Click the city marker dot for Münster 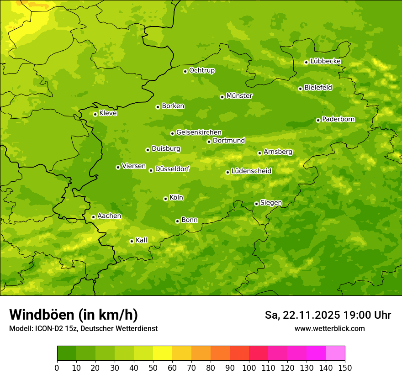pyautogui.click(x=222, y=97)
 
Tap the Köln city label pyautogui.click(x=176, y=198)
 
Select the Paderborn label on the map pyautogui.click(x=338, y=119)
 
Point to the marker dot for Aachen pyautogui.click(x=94, y=217)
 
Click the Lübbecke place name pyautogui.click(x=325, y=61)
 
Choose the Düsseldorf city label pyautogui.click(x=172, y=169)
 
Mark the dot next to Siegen pyautogui.click(x=256, y=204)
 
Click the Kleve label pyautogui.click(x=108, y=113)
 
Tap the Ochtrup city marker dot pyautogui.click(x=185, y=71)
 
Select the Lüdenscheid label pyautogui.click(x=251, y=171)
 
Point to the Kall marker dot pyautogui.click(x=132, y=241)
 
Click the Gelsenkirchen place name pyautogui.click(x=199, y=132)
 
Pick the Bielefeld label pyautogui.click(x=318, y=88)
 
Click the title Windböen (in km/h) pyautogui.click(x=74, y=315)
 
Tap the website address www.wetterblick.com pyautogui.click(x=329, y=328)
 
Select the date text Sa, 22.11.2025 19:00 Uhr pyautogui.click(x=328, y=315)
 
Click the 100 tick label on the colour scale pyautogui.click(x=249, y=368)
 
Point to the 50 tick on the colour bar pyautogui.click(x=153, y=368)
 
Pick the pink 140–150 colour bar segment pyautogui.click(x=335, y=353)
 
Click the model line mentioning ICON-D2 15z pyautogui.click(x=83, y=329)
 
